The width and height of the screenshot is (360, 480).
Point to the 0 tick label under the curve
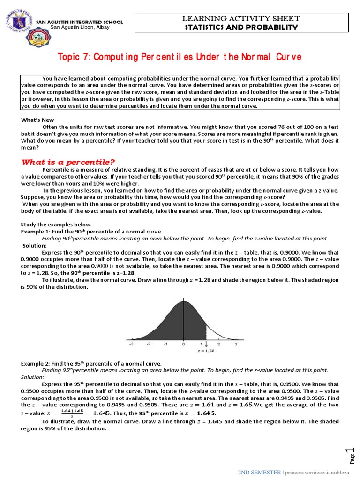tap(183, 344)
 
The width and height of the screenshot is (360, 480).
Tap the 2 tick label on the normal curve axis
tap(218, 344)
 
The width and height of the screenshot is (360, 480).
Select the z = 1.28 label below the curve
tap(207, 350)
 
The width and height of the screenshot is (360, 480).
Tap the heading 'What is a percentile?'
tap(68, 162)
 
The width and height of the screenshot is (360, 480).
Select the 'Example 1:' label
tap(36, 232)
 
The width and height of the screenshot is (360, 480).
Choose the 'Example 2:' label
tap(36, 363)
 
